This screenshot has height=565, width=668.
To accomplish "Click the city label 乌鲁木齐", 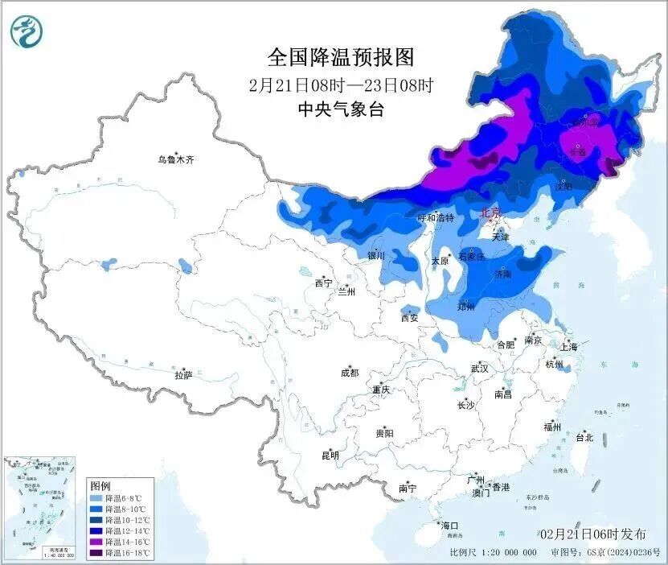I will (x=176, y=159).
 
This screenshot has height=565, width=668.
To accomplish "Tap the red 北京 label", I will (x=490, y=212).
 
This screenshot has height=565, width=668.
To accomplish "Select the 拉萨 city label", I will (x=183, y=375).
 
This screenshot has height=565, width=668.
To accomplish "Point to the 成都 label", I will (x=350, y=373).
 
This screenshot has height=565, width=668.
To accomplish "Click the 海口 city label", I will (x=450, y=526).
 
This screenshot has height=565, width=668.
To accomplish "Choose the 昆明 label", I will (x=330, y=456).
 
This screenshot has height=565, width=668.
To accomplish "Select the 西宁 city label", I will (x=323, y=283).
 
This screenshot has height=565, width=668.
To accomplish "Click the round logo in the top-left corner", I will (x=27, y=31).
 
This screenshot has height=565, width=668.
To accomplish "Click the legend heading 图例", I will (x=100, y=486).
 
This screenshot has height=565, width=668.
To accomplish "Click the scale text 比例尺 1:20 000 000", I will (x=494, y=553).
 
